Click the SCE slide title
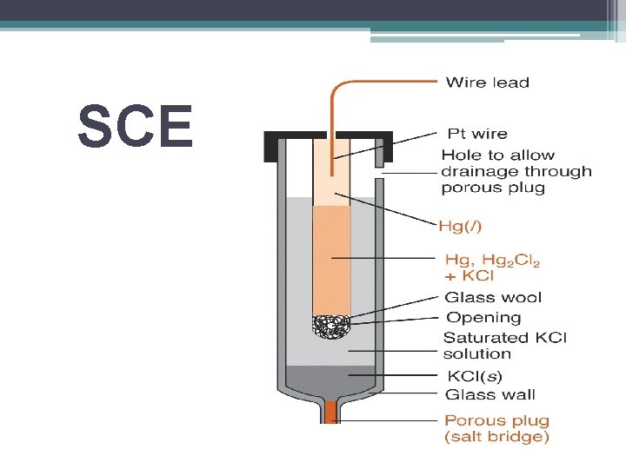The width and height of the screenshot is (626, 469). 135,127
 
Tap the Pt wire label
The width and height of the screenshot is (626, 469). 476,134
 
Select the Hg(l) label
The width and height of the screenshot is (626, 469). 463,226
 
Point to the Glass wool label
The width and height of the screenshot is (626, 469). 493,297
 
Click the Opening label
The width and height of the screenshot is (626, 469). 483,317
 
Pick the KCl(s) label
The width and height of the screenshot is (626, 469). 473,376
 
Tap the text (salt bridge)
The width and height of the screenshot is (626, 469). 497,438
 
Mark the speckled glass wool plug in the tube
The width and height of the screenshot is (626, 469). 330,327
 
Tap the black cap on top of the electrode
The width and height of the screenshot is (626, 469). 287,138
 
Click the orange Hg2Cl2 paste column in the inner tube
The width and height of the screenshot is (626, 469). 331,261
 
